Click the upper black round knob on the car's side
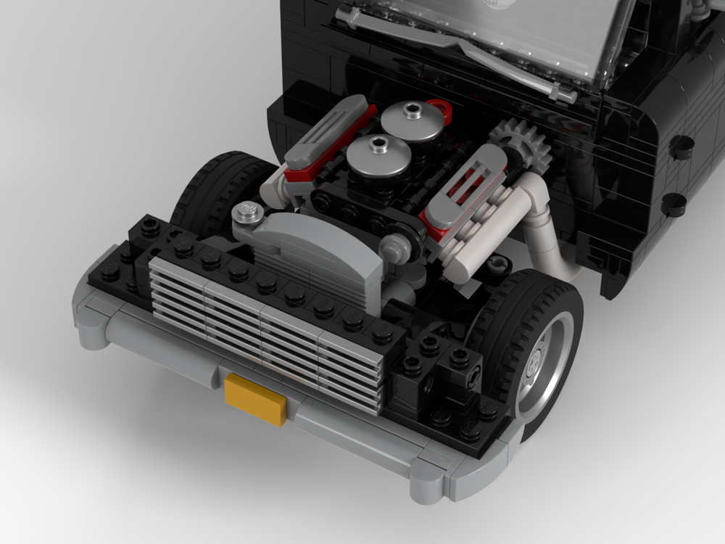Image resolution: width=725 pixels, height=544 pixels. [x=681, y=147]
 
